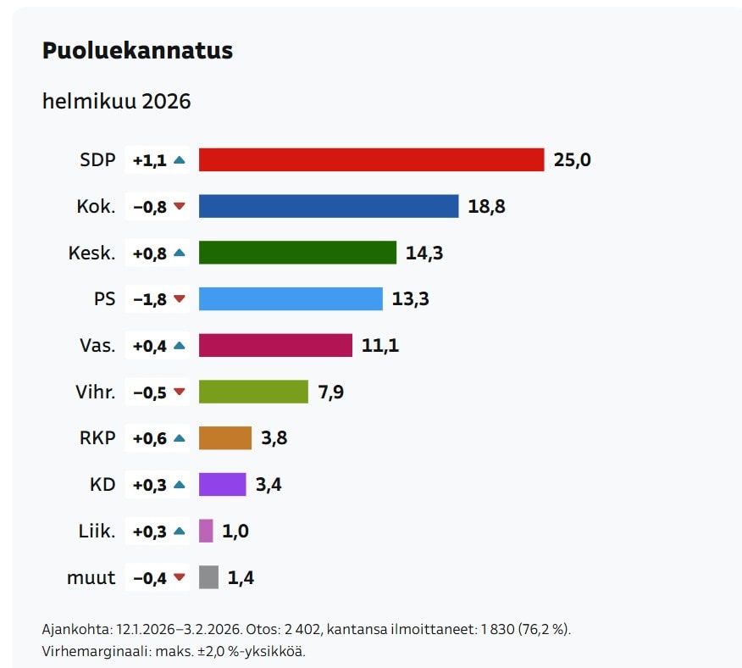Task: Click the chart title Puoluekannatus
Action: click(137, 51)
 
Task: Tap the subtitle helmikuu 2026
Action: click(117, 102)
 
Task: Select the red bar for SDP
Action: click(371, 159)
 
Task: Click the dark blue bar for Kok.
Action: click(329, 206)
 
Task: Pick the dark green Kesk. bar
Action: click(297, 253)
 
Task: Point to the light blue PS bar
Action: click(291, 298)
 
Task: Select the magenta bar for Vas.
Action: click(275, 345)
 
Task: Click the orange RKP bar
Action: click(225, 438)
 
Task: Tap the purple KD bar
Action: click(222, 485)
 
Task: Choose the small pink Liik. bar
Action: click(206, 531)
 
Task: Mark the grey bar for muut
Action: click(208, 577)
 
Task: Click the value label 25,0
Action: click(572, 159)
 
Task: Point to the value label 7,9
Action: click(331, 392)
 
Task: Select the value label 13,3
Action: click(410, 298)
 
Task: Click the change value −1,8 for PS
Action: click(150, 298)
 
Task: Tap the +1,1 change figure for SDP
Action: click(150, 159)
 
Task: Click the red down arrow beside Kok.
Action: click(179, 206)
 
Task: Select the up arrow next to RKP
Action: click(179, 438)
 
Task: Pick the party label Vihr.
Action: click(95, 392)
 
